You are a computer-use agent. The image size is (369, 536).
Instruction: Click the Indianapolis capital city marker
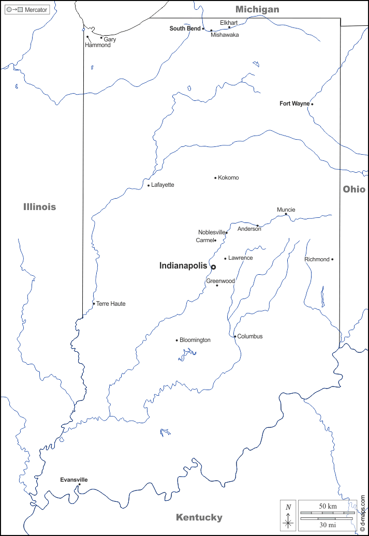(x=213, y=267)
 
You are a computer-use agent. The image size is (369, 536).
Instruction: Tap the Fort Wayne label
(x=294, y=103)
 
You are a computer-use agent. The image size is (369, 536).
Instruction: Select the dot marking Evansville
(x=79, y=484)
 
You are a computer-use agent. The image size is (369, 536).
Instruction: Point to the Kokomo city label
(x=228, y=178)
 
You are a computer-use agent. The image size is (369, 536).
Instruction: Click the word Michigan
(x=257, y=9)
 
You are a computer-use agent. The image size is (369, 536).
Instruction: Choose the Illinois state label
(x=39, y=207)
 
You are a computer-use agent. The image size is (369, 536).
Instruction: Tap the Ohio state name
(x=354, y=189)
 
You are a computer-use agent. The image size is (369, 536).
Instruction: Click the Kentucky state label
(x=199, y=517)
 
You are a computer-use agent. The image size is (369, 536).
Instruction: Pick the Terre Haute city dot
(x=94, y=303)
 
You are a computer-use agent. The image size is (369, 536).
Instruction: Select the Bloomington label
(x=195, y=340)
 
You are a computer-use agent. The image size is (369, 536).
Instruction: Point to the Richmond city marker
(x=332, y=259)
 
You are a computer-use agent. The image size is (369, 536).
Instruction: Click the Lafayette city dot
(x=149, y=185)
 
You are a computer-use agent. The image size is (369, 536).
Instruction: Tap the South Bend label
(x=185, y=28)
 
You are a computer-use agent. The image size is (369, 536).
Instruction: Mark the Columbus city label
(x=250, y=336)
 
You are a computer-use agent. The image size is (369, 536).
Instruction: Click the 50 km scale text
(x=328, y=505)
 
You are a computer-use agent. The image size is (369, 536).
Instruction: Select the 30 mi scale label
(x=328, y=525)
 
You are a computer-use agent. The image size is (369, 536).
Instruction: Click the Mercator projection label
(x=36, y=10)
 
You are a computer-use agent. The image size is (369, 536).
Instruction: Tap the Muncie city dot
(x=286, y=214)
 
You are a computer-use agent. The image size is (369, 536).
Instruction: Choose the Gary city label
(x=110, y=39)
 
